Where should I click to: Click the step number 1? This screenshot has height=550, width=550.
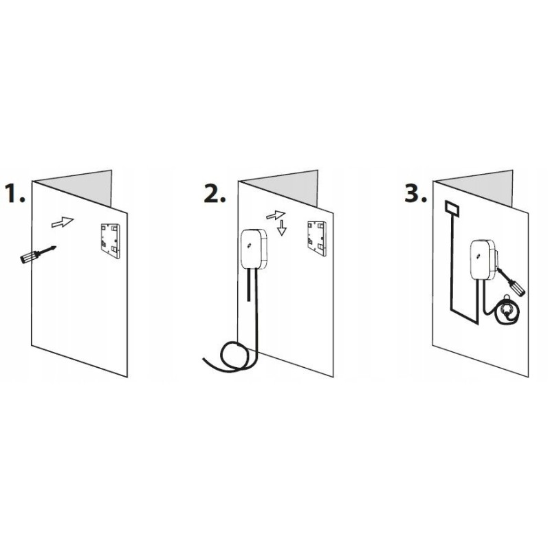[14, 193]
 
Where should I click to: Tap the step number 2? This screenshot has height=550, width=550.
[214, 194]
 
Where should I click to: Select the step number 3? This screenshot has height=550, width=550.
[416, 194]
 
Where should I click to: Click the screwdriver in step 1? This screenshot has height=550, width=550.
[38, 254]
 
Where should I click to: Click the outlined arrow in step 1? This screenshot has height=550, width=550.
[63, 222]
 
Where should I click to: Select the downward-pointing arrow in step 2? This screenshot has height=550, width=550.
[282, 228]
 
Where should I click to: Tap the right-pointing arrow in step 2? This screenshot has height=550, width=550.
[276, 215]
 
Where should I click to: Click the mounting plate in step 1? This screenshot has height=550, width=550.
[111, 241]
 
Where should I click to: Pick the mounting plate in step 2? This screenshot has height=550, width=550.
[317, 239]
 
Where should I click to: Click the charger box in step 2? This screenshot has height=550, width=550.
[254, 249]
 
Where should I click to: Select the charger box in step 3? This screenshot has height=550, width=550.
[483, 260]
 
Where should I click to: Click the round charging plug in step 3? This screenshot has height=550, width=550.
[507, 309]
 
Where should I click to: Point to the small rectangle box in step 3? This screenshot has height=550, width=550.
[452, 208]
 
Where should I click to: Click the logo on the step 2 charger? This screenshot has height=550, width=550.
[251, 245]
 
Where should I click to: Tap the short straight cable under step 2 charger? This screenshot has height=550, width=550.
[249, 285]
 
